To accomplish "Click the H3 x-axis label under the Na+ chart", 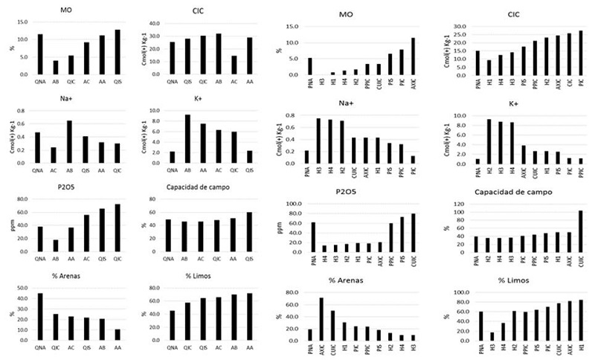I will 319,173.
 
